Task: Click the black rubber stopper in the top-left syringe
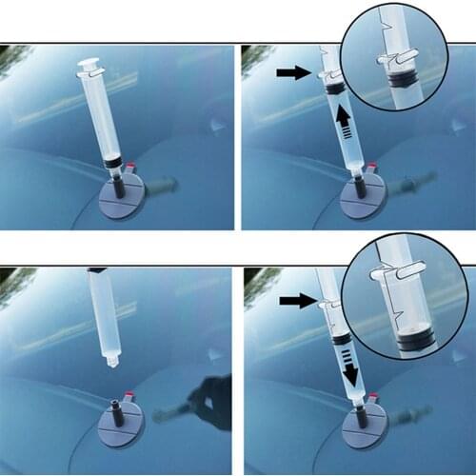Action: click(x=113, y=164)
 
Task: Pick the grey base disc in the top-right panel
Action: click(x=362, y=203)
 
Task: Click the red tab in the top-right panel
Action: click(x=372, y=169)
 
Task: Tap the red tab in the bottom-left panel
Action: click(x=130, y=394)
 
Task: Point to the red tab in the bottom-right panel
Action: click(x=372, y=397)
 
